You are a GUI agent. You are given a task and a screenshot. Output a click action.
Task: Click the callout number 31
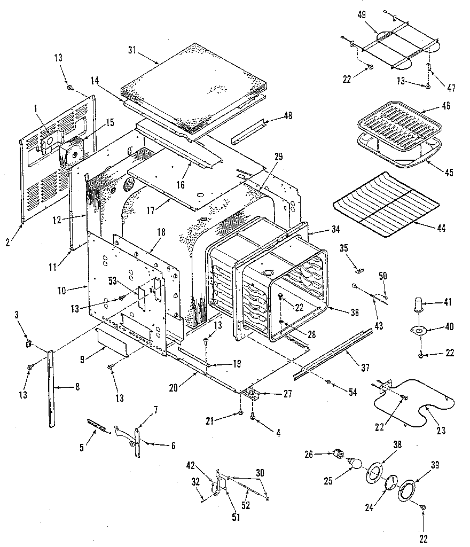(x=131, y=50)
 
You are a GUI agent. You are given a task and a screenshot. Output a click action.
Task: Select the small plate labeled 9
(x=112, y=342)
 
